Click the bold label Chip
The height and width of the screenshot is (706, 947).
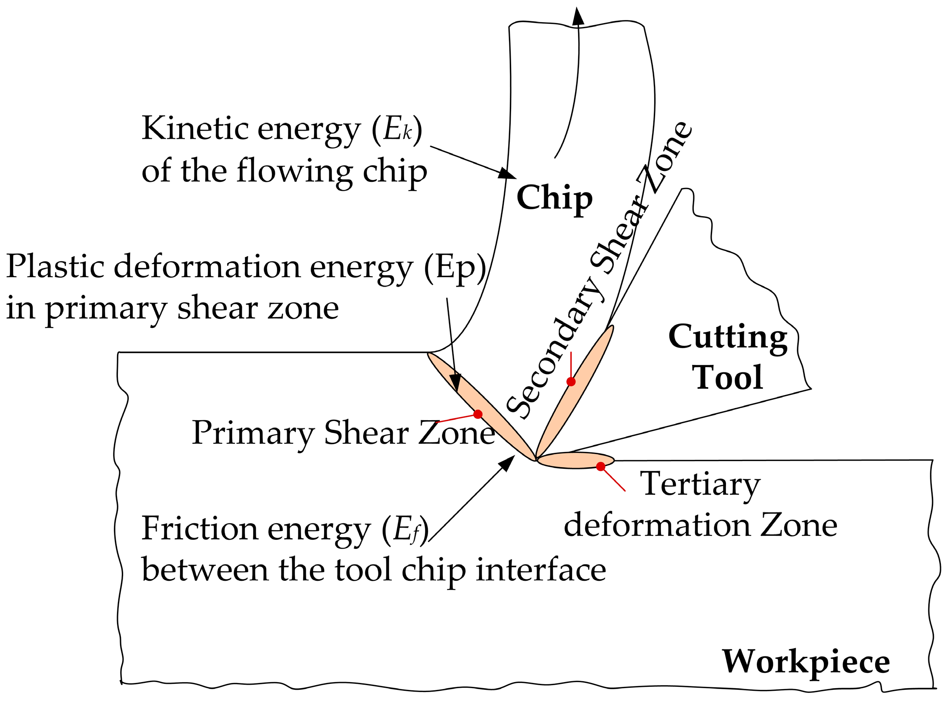[554, 198]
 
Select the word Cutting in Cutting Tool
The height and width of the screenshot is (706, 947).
[728, 337]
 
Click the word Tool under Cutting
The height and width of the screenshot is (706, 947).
[728, 378]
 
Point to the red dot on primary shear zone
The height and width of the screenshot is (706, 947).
[478, 414]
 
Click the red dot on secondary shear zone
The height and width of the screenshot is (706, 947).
[571, 381]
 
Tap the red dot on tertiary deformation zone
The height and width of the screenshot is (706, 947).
[601, 466]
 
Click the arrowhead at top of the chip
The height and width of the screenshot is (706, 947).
[578, 17]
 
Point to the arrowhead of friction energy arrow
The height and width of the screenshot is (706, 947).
[507, 463]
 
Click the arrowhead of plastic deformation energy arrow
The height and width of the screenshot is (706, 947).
[455, 383]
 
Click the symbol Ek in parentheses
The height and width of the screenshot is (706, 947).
[397, 129]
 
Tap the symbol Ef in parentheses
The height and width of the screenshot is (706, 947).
[406, 530]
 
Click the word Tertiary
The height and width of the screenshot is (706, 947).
[700, 484]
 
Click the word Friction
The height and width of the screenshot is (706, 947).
[199, 529]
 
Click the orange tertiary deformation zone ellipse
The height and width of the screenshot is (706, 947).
[574, 460]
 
